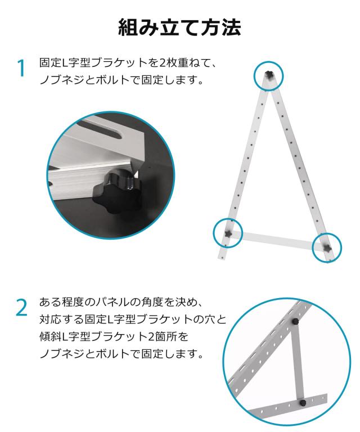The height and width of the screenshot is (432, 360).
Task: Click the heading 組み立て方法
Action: click(179, 28)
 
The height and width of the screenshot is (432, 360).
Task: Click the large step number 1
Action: click(21, 68)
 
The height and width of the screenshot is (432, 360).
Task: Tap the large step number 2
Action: click(22, 308)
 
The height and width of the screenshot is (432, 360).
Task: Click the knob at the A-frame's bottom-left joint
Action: click(228, 233)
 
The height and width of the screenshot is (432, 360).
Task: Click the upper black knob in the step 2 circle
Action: click(295, 322)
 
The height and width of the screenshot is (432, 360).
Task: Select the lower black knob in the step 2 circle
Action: click(303, 403)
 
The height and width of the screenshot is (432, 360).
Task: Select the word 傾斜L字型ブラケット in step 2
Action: click(93, 336)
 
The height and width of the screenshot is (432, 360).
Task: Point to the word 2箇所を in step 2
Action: click(168, 336)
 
